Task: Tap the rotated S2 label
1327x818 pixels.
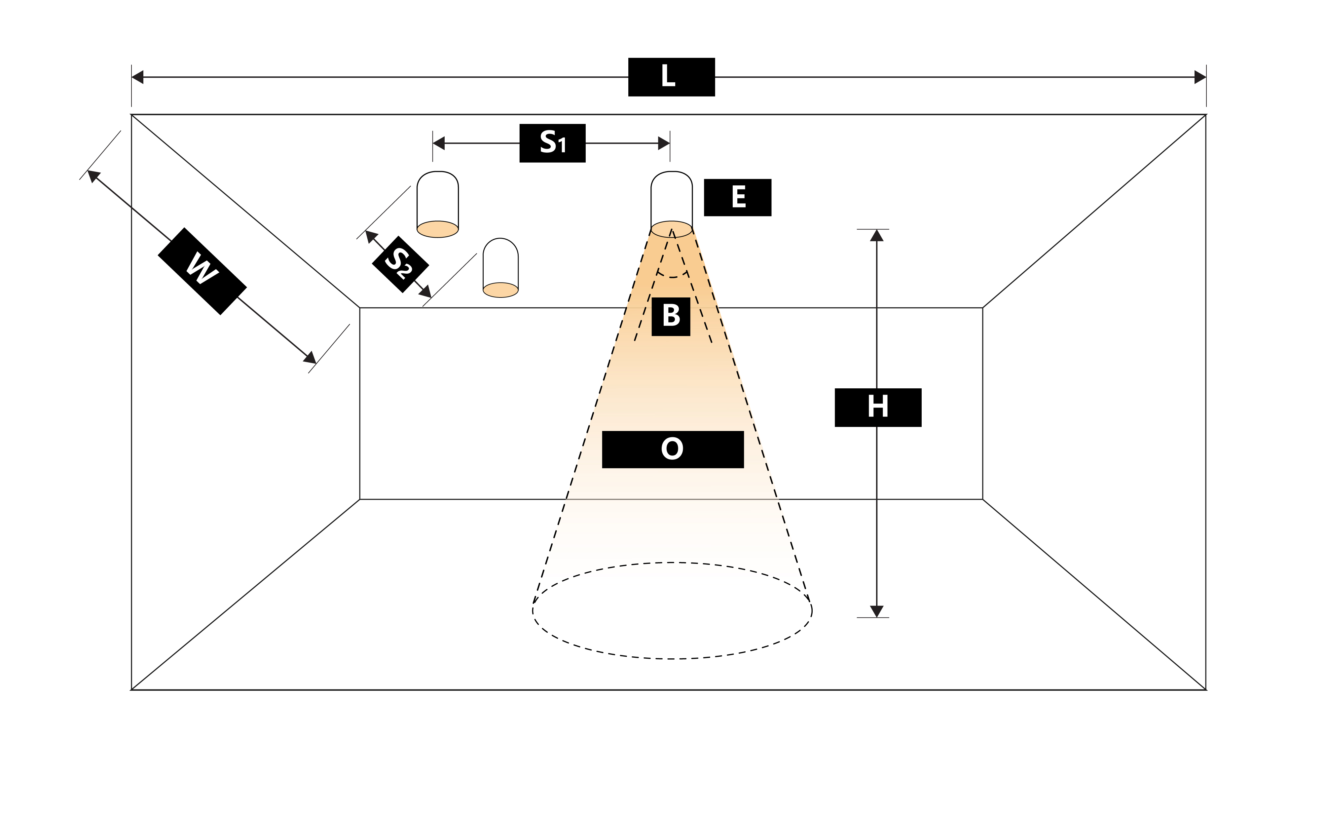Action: click(x=400, y=264)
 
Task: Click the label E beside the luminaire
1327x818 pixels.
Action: click(x=737, y=197)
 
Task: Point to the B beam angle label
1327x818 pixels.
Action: click(x=671, y=317)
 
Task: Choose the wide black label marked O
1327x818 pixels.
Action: click(x=673, y=449)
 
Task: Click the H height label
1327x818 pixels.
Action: click(x=878, y=408)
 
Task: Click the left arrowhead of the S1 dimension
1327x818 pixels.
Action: click(x=439, y=143)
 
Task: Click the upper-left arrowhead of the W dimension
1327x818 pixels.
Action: click(x=93, y=176)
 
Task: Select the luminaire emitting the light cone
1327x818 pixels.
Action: click(x=671, y=203)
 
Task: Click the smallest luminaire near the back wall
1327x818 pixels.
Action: click(x=500, y=268)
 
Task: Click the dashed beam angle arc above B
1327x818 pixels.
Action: click(x=672, y=276)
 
